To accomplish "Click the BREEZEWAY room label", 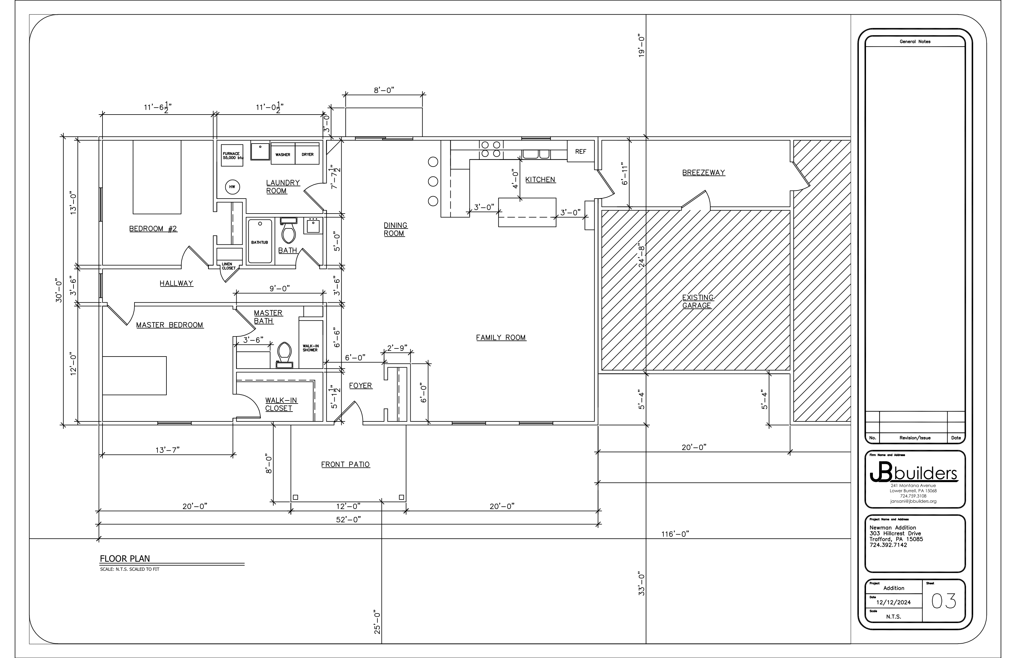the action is pyautogui.click(x=703, y=173).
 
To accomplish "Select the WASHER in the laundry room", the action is pyautogui.click(x=283, y=154).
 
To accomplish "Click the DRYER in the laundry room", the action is pyautogui.click(x=307, y=154).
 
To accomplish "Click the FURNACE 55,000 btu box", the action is pyautogui.click(x=232, y=156).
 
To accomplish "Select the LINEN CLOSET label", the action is pyautogui.click(x=228, y=266).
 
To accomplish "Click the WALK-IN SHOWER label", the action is pyautogui.click(x=310, y=348).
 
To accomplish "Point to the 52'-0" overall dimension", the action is pyautogui.click(x=349, y=520).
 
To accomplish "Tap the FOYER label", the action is pyautogui.click(x=361, y=386).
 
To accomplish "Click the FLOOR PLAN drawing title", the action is pyautogui.click(x=125, y=558).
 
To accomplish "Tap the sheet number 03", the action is pyautogui.click(x=943, y=601).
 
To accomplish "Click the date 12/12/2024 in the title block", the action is pyautogui.click(x=893, y=602).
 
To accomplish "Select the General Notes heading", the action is pyautogui.click(x=915, y=42).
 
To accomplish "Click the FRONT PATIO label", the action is pyautogui.click(x=345, y=464).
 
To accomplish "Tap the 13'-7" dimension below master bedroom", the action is pyautogui.click(x=167, y=450).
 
